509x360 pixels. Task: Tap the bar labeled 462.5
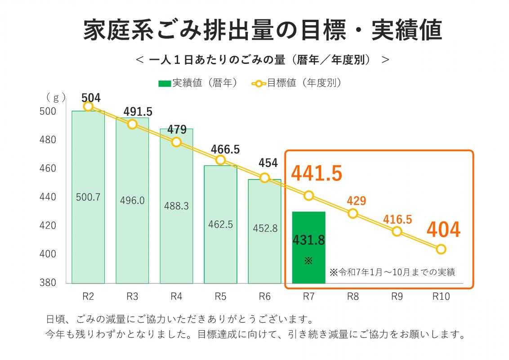(220, 224)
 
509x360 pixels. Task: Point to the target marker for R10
(441, 249)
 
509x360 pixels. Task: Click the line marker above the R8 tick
(353, 213)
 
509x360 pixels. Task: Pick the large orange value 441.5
(317, 173)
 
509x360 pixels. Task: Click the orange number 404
(443, 229)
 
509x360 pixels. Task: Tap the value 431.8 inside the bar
(308, 240)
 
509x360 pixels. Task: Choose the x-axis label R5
(220, 297)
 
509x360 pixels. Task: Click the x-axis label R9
(397, 297)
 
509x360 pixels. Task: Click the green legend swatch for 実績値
(165, 83)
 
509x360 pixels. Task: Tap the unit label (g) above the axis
(56, 97)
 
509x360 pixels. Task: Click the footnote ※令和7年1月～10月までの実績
(392, 272)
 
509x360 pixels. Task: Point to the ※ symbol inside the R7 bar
(308, 261)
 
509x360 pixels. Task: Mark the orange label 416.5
(397, 219)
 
